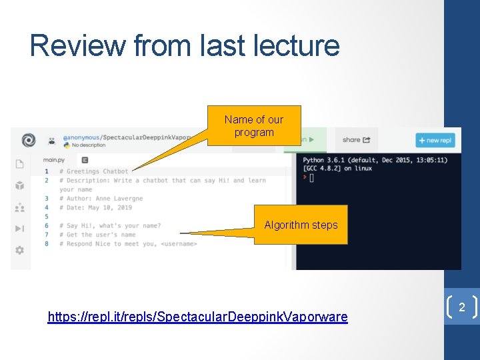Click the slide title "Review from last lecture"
[x=185, y=46]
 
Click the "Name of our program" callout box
[x=254, y=125]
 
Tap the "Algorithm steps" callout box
[x=301, y=225]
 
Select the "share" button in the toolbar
[x=356, y=140]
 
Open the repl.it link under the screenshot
[x=197, y=317]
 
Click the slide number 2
[x=461, y=307]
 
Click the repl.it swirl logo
[x=28, y=140]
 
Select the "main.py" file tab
[x=55, y=160]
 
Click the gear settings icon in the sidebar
[x=19, y=250]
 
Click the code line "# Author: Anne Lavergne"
[x=100, y=199]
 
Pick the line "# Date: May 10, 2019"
[x=95, y=207]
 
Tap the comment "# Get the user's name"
[x=97, y=235]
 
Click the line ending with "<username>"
[x=127, y=243]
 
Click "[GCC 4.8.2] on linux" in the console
[x=339, y=168]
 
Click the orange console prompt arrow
[x=305, y=177]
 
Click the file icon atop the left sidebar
[x=19, y=164]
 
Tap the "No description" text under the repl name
[x=88, y=145]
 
